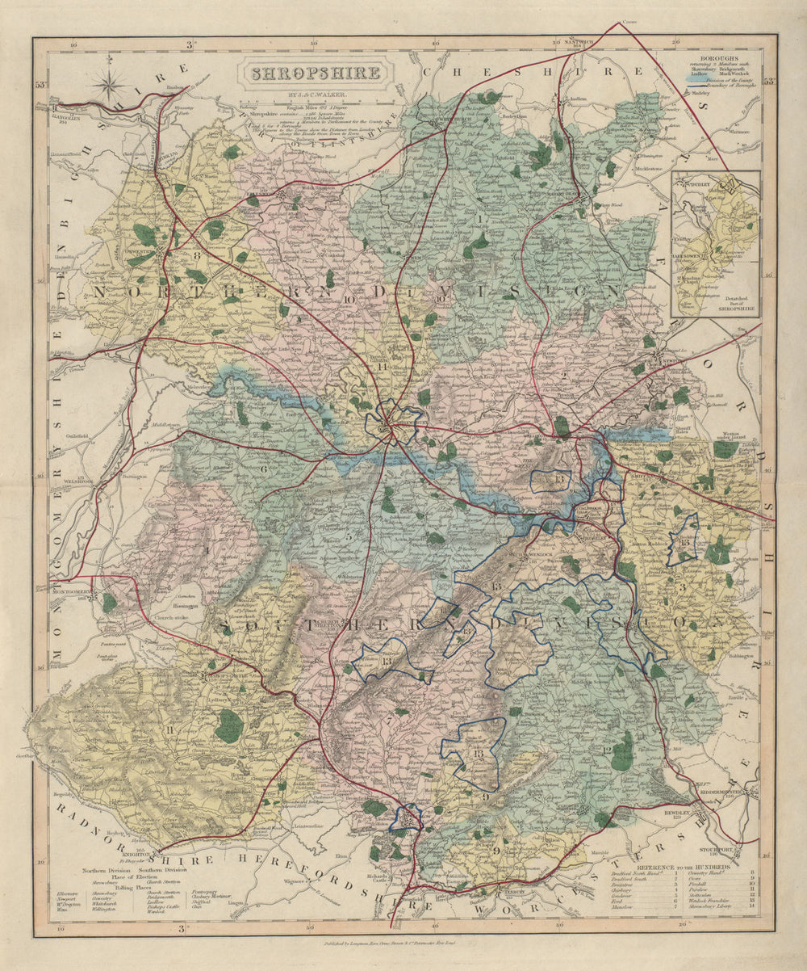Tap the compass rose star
[x=109, y=82]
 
